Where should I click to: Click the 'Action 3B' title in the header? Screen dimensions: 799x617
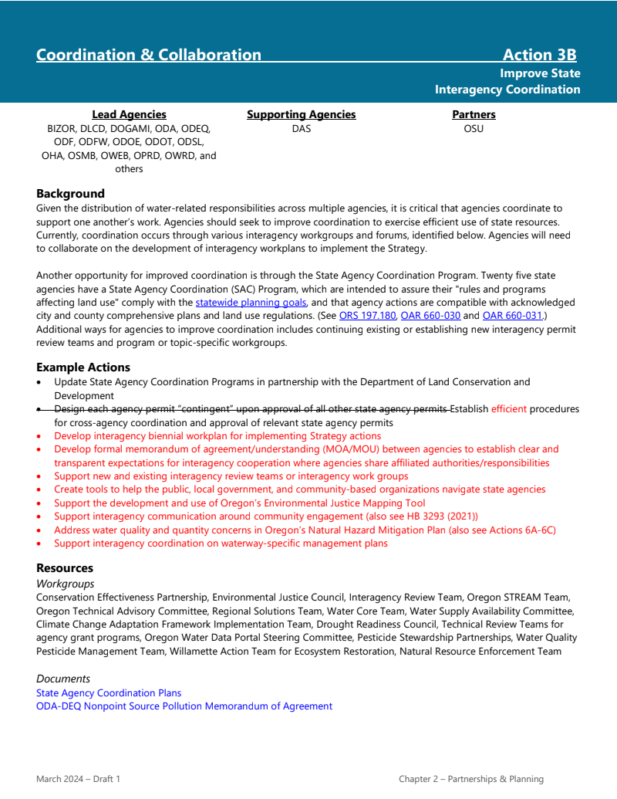pyautogui.click(x=539, y=55)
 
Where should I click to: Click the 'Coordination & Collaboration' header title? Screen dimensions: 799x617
pyautogui.click(x=149, y=55)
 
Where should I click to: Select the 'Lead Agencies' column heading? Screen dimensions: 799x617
pyautogui.click(x=129, y=114)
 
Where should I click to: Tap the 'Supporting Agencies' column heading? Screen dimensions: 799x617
pyautogui.click(x=301, y=114)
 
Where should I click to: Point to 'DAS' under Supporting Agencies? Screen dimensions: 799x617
pyautogui.click(x=301, y=128)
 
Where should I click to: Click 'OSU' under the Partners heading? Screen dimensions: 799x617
pyautogui.click(x=474, y=128)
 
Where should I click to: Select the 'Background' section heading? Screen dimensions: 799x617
pyautogui.click(x=70, y=193)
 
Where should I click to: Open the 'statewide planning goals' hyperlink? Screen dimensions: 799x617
pyautogui.click(x=251, y=303)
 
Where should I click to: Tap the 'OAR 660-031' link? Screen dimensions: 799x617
pyautogui.click(x=512, y=316)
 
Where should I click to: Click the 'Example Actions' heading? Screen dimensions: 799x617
pyautogui.click(x=83, y=367)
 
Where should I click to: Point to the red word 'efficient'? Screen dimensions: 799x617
pyautogui.click(x=508, y=409)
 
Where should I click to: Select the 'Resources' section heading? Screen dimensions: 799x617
pyautogui.click(x=65, y=568)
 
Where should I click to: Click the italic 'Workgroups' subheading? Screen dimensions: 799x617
pyautogui.click(x=65, y=584)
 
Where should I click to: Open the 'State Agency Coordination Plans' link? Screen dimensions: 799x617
pyautogui.click(x=109, y=692)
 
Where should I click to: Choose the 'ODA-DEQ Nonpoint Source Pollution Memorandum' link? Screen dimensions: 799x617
pyautogui.click(x=184, y=706)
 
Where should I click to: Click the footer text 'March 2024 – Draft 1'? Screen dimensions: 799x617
pyautogui.click(x=78, y=779)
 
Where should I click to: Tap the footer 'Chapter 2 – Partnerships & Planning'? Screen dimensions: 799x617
pyautogui.click(x=471, y=779)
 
